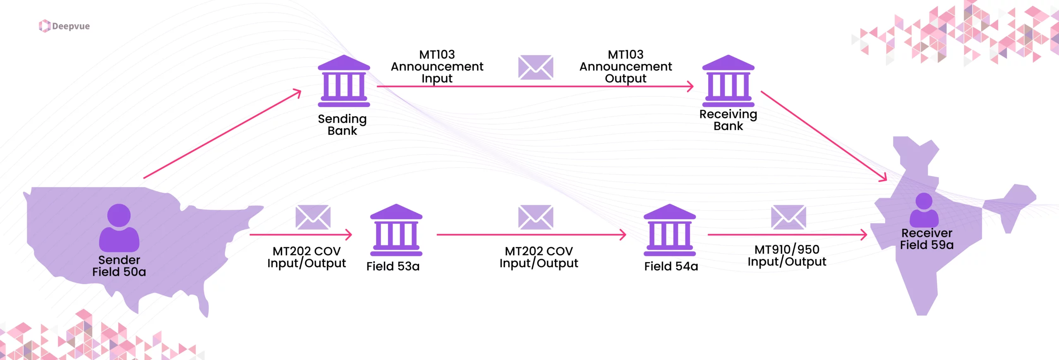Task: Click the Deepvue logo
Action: coord(64,26)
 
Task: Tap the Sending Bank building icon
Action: coord(344,81)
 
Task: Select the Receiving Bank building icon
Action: coord(728,81)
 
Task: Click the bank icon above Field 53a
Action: coord(396,230)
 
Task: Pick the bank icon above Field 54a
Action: coord(669,230)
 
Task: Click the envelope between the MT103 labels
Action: coord(536,67)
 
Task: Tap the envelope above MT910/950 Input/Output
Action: coord(788,217)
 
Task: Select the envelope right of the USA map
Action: coord(313,217)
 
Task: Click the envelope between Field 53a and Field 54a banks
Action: coord(536,217)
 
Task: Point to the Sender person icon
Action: coord(119,228)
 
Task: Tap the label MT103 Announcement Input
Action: coord(437,67)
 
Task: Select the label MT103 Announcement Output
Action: coord(625,67)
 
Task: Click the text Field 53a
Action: coord(393,266)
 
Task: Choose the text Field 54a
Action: coord(671,266)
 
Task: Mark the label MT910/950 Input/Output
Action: coord(787,256)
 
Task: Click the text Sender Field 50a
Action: coord(119,266)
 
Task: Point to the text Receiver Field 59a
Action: coord(927,239)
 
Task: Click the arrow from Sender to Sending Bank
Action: coord(223,134)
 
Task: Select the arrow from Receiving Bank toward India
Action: coord(823,136)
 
